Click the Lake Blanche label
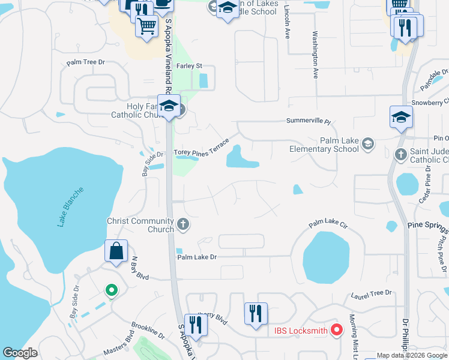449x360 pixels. click(71, 208)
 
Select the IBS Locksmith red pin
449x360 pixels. click(337, 329)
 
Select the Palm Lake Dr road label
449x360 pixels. click(196, 257)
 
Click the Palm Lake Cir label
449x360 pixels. click(328, 225)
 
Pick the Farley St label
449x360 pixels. click(190, 66)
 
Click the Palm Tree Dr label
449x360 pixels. click(86, 62)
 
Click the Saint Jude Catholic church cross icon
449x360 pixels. click(401, 155)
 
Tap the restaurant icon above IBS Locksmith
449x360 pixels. click(256, 313)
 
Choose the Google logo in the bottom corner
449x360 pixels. click(20, 353)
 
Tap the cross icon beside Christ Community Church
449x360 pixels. click(184, 225)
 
